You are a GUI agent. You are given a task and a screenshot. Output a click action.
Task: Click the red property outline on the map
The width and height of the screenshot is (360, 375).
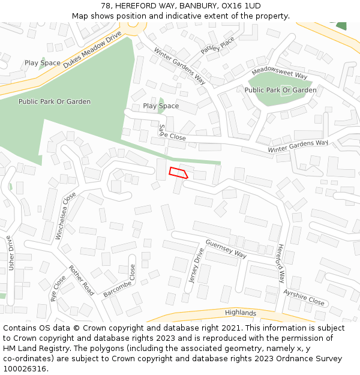pos(178,173)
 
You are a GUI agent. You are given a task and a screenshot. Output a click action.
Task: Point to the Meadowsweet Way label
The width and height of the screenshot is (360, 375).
pos(280,74)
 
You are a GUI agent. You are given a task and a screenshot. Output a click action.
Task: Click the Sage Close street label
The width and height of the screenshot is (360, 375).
pos(172,134)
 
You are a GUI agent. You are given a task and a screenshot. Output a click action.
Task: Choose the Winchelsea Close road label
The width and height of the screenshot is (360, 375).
pos(66,215)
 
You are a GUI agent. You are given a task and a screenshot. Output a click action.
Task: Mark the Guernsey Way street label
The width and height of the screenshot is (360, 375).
pos(226,249)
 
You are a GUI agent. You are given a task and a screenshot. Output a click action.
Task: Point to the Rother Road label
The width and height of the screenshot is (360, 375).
pos(82,280)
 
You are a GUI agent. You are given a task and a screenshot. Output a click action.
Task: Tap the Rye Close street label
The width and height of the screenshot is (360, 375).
pos(58,288)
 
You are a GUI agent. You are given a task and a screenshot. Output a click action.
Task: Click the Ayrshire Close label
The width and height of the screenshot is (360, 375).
pos(304,297)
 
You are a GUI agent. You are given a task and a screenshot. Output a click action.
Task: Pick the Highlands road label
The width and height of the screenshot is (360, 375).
pos(241,313)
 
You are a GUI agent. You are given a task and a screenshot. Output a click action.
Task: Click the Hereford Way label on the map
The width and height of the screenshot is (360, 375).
pos(281,263)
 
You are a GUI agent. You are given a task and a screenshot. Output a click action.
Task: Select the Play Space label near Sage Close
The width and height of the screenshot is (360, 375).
pos(161,106)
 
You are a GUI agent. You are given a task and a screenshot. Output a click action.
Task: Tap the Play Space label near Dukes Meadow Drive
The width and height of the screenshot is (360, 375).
pos(42,63)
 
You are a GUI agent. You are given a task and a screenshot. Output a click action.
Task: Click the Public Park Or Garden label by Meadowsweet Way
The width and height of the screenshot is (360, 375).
pos(280,90)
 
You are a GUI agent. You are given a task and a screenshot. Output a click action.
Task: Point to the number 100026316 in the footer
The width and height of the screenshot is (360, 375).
pos(25,368)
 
